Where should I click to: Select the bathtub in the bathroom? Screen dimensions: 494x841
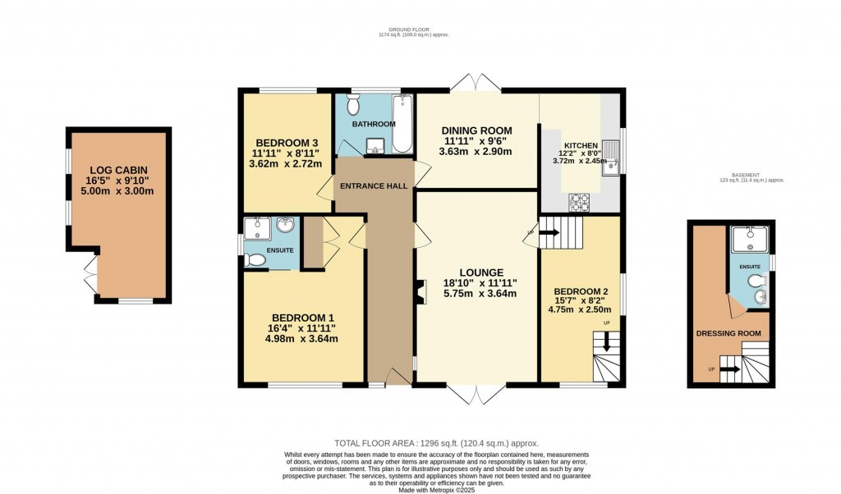pyautogui.click(x=402, y=125)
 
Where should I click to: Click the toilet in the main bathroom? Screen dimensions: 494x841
pyautogui.click(x=354, y=104)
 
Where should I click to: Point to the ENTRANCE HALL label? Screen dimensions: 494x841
pyautogui.click(x=375, y=186)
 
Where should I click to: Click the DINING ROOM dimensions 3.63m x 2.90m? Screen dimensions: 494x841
pyautogui.click(x=476, y=152)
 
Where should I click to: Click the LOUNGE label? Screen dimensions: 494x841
pyautogui.click(x=481, y=272)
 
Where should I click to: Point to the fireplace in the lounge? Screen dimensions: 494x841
pyautogui.click(x=421, y=292)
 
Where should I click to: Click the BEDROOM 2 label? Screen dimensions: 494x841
pyautogui.click(x=581, y=291)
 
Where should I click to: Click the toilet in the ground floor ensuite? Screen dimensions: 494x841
pyautogui.click(x=255, y=260)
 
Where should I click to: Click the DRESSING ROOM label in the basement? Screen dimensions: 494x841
pyautogui.click(x=728, y=333)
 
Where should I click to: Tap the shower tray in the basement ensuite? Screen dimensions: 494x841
pyautogui.click(x=749, y=242)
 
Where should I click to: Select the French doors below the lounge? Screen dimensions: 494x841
pyautogui.click(x=476, y=394)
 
